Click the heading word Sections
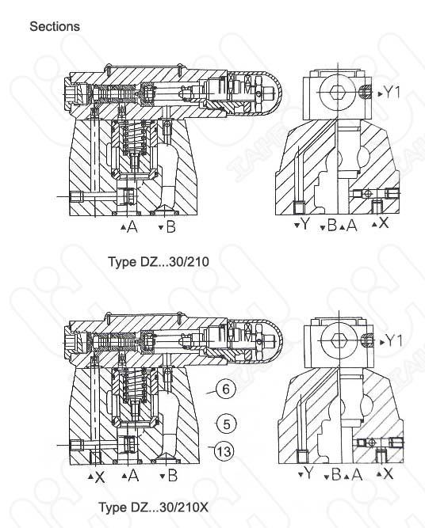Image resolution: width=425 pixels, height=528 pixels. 55,27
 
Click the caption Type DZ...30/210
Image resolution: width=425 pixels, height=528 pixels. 159,262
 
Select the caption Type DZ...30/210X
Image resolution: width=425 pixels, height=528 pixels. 154,507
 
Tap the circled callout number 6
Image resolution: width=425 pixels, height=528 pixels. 226,389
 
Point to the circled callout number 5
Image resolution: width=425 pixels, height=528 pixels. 226,424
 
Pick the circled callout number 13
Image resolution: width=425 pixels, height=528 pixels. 224,451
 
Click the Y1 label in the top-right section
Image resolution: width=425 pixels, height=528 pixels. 392,92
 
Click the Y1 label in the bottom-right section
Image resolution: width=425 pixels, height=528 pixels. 394,340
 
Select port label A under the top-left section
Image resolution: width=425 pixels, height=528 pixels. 133,227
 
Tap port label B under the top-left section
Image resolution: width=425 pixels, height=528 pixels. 171,227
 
